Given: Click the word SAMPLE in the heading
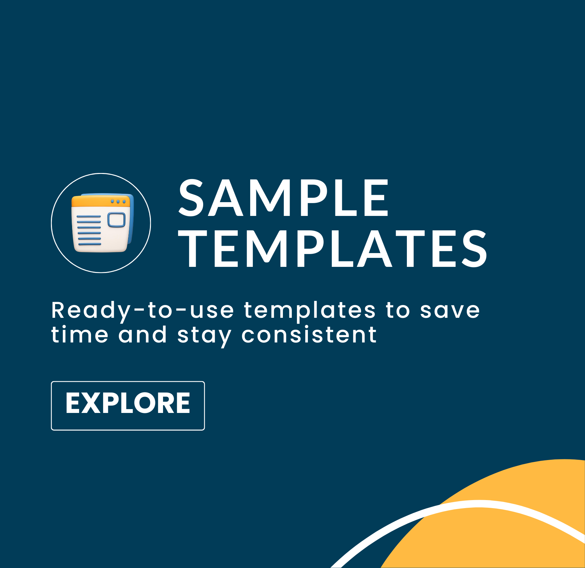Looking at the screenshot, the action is [283, 198].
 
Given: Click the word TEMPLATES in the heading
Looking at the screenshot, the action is [333, 249].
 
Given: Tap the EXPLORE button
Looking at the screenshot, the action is [128, 406].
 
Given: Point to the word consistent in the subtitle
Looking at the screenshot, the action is [309, 335].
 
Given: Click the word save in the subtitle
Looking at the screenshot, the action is [450, 311].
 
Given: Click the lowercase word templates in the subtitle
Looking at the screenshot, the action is [309, 311].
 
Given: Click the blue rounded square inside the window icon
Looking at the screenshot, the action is [117, 219].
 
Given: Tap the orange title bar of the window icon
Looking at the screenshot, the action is [101, 202].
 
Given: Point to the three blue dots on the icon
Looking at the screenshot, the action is [118, 202].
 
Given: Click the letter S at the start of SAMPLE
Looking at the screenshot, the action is [191, 198].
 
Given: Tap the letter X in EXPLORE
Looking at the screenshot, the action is [93, 403].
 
